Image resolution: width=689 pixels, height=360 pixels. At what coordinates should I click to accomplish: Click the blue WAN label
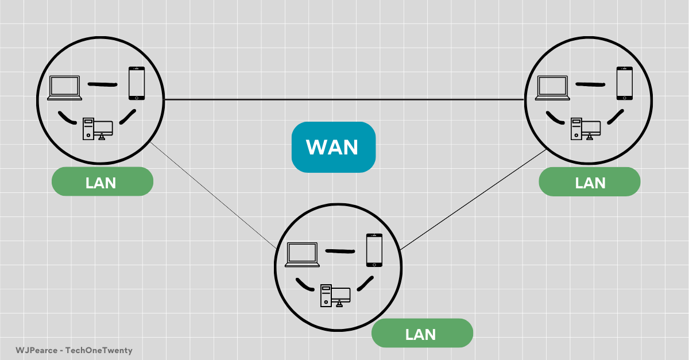pyautogui.click(x=333, y=148)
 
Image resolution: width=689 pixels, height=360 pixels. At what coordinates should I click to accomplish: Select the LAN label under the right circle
pyautogui.click(x=590, y=182)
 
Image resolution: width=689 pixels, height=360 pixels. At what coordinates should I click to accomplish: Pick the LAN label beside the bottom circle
pyautogui.click(x=422, y=334)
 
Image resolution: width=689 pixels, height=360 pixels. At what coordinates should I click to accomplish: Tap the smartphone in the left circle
pyautogui.click(x=136, y=83)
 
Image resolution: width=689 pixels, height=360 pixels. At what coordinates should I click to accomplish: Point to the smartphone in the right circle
pyautogui.click(x=624, y=83)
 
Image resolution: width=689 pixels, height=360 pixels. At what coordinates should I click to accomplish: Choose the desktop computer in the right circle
pyautogui.click(x=585, y=129)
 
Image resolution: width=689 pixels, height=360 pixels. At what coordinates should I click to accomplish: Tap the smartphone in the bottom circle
pyautogui.click(x=374, y=250)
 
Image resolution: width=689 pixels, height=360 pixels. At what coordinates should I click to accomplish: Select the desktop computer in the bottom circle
pyautogui.click(x=335, y=295)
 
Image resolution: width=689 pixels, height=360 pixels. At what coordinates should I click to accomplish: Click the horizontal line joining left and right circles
pyautogui.click(x=344, y=100)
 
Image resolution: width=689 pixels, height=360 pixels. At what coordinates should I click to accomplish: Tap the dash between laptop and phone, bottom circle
pyautogui.click(x=341, y=250)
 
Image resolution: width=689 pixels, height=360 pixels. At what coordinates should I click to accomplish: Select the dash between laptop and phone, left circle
pyautogui.click(x=102, y=84)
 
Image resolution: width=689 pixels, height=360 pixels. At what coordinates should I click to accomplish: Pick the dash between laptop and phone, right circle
pyautogui.click(x=590, y=84)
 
